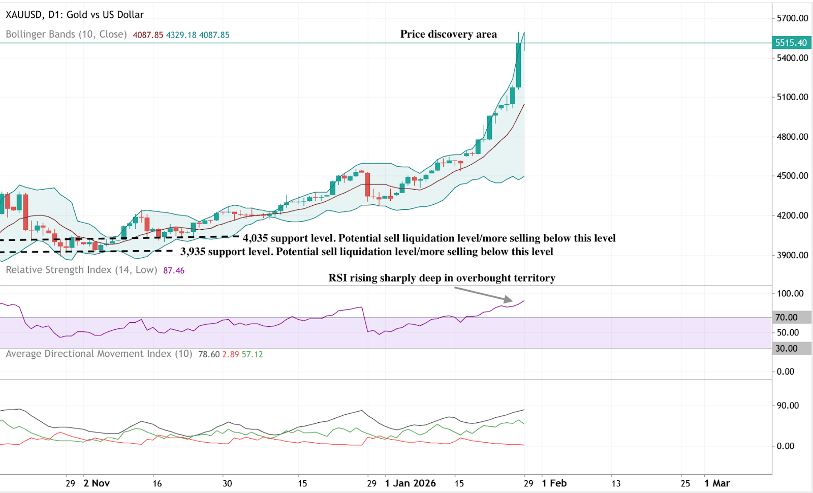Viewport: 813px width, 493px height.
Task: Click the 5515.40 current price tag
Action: [791, 43]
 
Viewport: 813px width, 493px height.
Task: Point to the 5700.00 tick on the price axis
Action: [792, 18]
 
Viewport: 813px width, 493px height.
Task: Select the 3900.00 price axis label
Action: [792, 255]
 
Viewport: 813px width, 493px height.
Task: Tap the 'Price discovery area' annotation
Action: [448, 34]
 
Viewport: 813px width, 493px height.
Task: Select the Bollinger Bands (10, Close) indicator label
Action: [66, 35]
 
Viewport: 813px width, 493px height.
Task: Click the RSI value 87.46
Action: [174, 270]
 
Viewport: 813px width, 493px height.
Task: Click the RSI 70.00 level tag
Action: [786, 318]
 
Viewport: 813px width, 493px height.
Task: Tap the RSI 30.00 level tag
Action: [786, 349]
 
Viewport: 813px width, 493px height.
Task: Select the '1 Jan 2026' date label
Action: [410, 483]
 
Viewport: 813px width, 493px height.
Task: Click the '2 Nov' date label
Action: [97, 483]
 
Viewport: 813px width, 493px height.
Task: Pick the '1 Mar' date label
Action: [717, 483]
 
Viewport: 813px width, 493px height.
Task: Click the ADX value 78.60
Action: [209, 354]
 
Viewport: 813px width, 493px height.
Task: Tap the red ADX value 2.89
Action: [231, 354]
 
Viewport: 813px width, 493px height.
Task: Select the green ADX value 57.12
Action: [253, 354]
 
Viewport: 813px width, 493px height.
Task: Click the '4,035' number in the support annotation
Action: [255, 238]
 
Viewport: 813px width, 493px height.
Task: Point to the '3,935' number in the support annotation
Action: [193, 252]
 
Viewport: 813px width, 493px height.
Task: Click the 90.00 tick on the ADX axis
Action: [788, 406]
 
